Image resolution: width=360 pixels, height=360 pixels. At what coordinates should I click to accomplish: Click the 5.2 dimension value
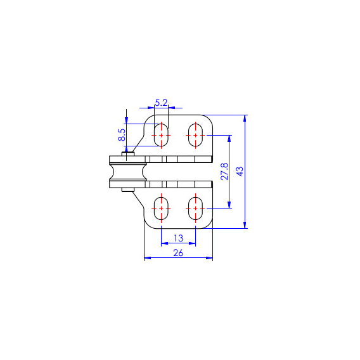point(161,103)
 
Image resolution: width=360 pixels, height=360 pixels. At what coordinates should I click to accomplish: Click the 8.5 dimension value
point(122,135)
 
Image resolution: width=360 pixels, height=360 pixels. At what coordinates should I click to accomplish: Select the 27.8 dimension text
point(224,171)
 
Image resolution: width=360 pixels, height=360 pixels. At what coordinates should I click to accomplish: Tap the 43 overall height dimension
point(240,172)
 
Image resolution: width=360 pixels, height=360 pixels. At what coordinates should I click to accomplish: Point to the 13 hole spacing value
point(178,238)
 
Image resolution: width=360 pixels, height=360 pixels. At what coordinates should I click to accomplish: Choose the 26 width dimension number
point(178,253)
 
